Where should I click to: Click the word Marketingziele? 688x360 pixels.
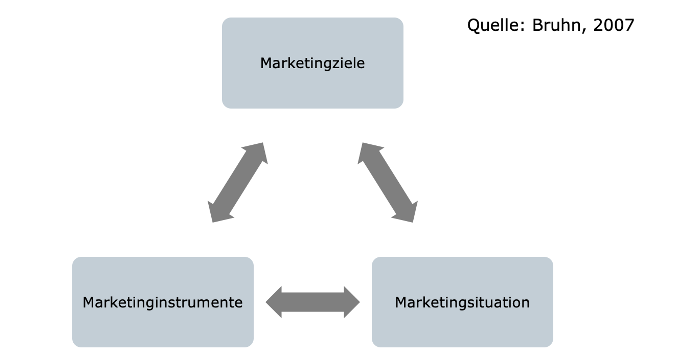point(312,63)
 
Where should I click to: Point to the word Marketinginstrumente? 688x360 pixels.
point(163,302)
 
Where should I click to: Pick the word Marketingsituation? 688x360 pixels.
point(462,302)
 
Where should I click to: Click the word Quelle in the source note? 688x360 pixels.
point(493,25)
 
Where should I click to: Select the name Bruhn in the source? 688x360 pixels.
point(556,25)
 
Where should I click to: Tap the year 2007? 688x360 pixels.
point(613,25)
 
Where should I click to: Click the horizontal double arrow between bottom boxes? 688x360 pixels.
point(312,302)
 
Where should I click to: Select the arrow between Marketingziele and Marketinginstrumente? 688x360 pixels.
point(238,183)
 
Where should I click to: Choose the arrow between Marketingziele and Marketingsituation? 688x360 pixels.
point(387,183)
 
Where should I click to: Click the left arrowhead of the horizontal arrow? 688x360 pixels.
point(274,302)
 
